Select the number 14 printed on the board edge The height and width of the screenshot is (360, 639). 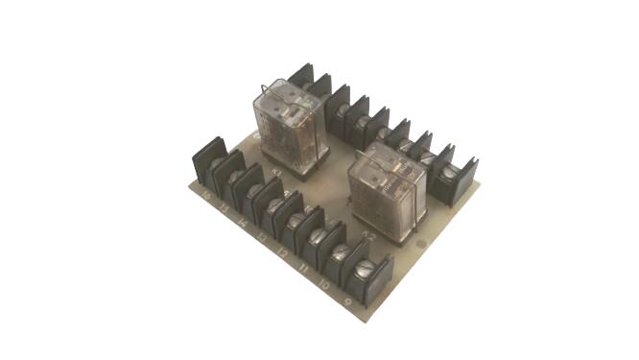(x=243, y=223)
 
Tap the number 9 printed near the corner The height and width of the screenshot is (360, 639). (x=346, y=298)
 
